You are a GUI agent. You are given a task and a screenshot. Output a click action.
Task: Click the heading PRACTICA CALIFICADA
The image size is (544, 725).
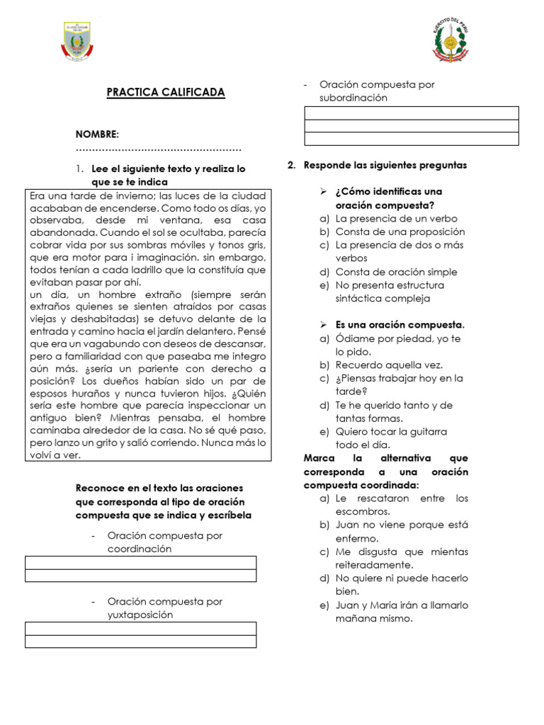click(x=166, y=93)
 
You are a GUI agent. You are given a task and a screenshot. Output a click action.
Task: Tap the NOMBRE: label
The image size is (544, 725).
click(x=97, y=135)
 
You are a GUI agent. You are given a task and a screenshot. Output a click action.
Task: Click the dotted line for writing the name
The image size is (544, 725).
click(x=159, y=149)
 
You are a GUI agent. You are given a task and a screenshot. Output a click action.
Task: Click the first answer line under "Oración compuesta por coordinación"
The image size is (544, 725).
click(x=141, y=562)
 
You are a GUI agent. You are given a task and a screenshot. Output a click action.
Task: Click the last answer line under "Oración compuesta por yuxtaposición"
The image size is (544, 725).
click(x=141, y=641)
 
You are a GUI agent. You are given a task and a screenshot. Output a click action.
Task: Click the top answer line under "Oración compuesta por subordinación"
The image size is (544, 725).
click(x=411, y=113)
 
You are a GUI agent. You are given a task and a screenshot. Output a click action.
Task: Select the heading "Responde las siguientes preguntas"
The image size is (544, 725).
click(x=385, y=165)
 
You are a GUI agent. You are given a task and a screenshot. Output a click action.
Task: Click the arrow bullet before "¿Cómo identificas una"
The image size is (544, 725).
click(x=322, y=192)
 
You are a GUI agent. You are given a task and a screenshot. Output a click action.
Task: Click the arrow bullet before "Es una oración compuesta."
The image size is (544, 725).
click(x=322, y=325)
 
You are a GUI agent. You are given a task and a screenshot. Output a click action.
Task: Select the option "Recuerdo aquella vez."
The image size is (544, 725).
click(x=389, y=365)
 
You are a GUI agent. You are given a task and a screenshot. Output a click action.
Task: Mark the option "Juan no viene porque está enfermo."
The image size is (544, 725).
click(x=401, y=532)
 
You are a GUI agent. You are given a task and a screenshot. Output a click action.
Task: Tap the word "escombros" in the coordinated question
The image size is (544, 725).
click(x=362, y=511)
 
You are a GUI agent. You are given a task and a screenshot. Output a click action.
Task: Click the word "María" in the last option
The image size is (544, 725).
click(x=383, y=605)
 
